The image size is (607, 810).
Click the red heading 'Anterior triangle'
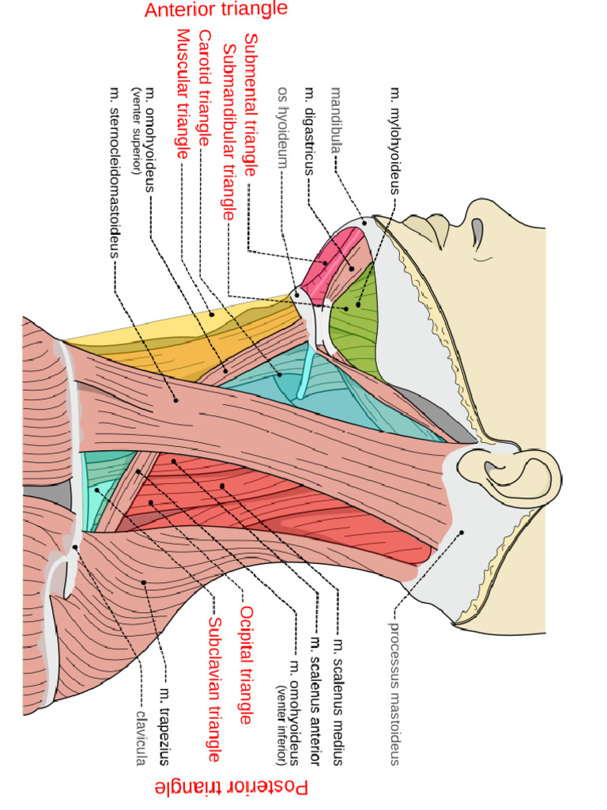216,9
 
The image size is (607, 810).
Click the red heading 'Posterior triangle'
232,787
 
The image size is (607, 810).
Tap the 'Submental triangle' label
251,105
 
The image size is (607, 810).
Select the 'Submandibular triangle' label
228,132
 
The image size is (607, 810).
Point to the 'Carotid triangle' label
205,88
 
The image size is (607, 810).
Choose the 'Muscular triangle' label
183,93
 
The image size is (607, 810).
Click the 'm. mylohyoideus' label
395,141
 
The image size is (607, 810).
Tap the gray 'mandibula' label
336,120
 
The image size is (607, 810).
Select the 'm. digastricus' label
309,131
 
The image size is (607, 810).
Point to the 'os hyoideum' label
283,127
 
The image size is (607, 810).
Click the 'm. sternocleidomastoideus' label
115,172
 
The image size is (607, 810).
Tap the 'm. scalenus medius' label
338,702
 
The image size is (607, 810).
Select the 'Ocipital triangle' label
247,664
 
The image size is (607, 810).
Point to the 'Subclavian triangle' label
214,690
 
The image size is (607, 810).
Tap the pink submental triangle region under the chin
330,263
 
